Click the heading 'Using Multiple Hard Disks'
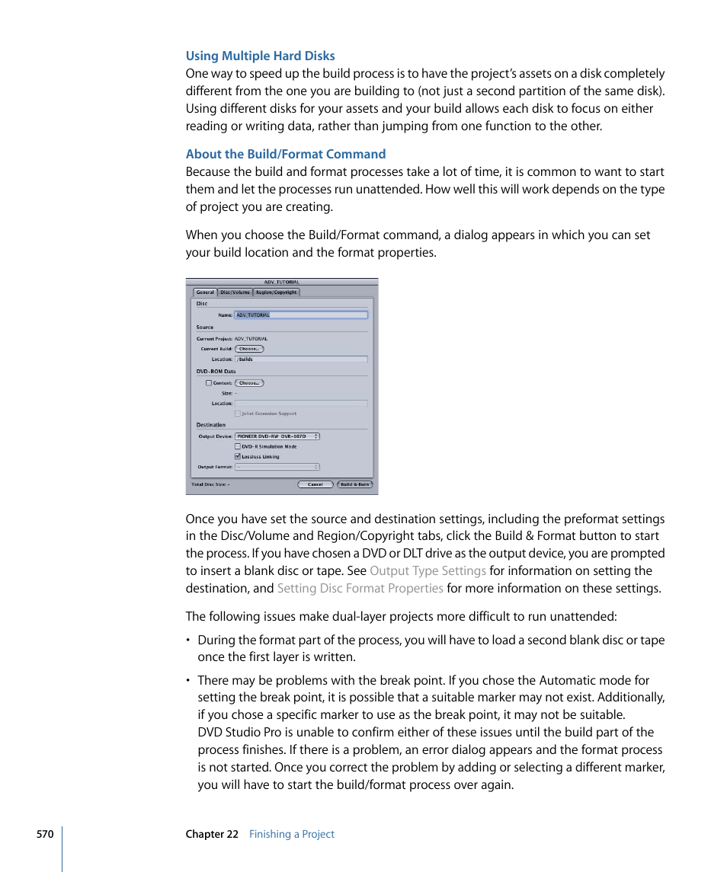click(260, 56)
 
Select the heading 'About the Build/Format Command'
click(286, 154)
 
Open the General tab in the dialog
click(205, 292)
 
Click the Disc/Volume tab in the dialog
click(235, 292)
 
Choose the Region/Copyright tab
click(276, 292)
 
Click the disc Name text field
click(301, 315)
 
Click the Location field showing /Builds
click(301, 359)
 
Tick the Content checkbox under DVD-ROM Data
click(209, 383)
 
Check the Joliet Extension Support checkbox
click(238, 414)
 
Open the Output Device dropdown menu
click(277, 436)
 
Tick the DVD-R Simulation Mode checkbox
click(238, 447)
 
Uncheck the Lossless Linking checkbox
click(238, 457)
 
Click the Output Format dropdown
click(277, 467)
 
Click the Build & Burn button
click(354, 484)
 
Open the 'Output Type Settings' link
click(428, 571)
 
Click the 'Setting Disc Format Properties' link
click(360, 589)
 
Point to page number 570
click(45, 835)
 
